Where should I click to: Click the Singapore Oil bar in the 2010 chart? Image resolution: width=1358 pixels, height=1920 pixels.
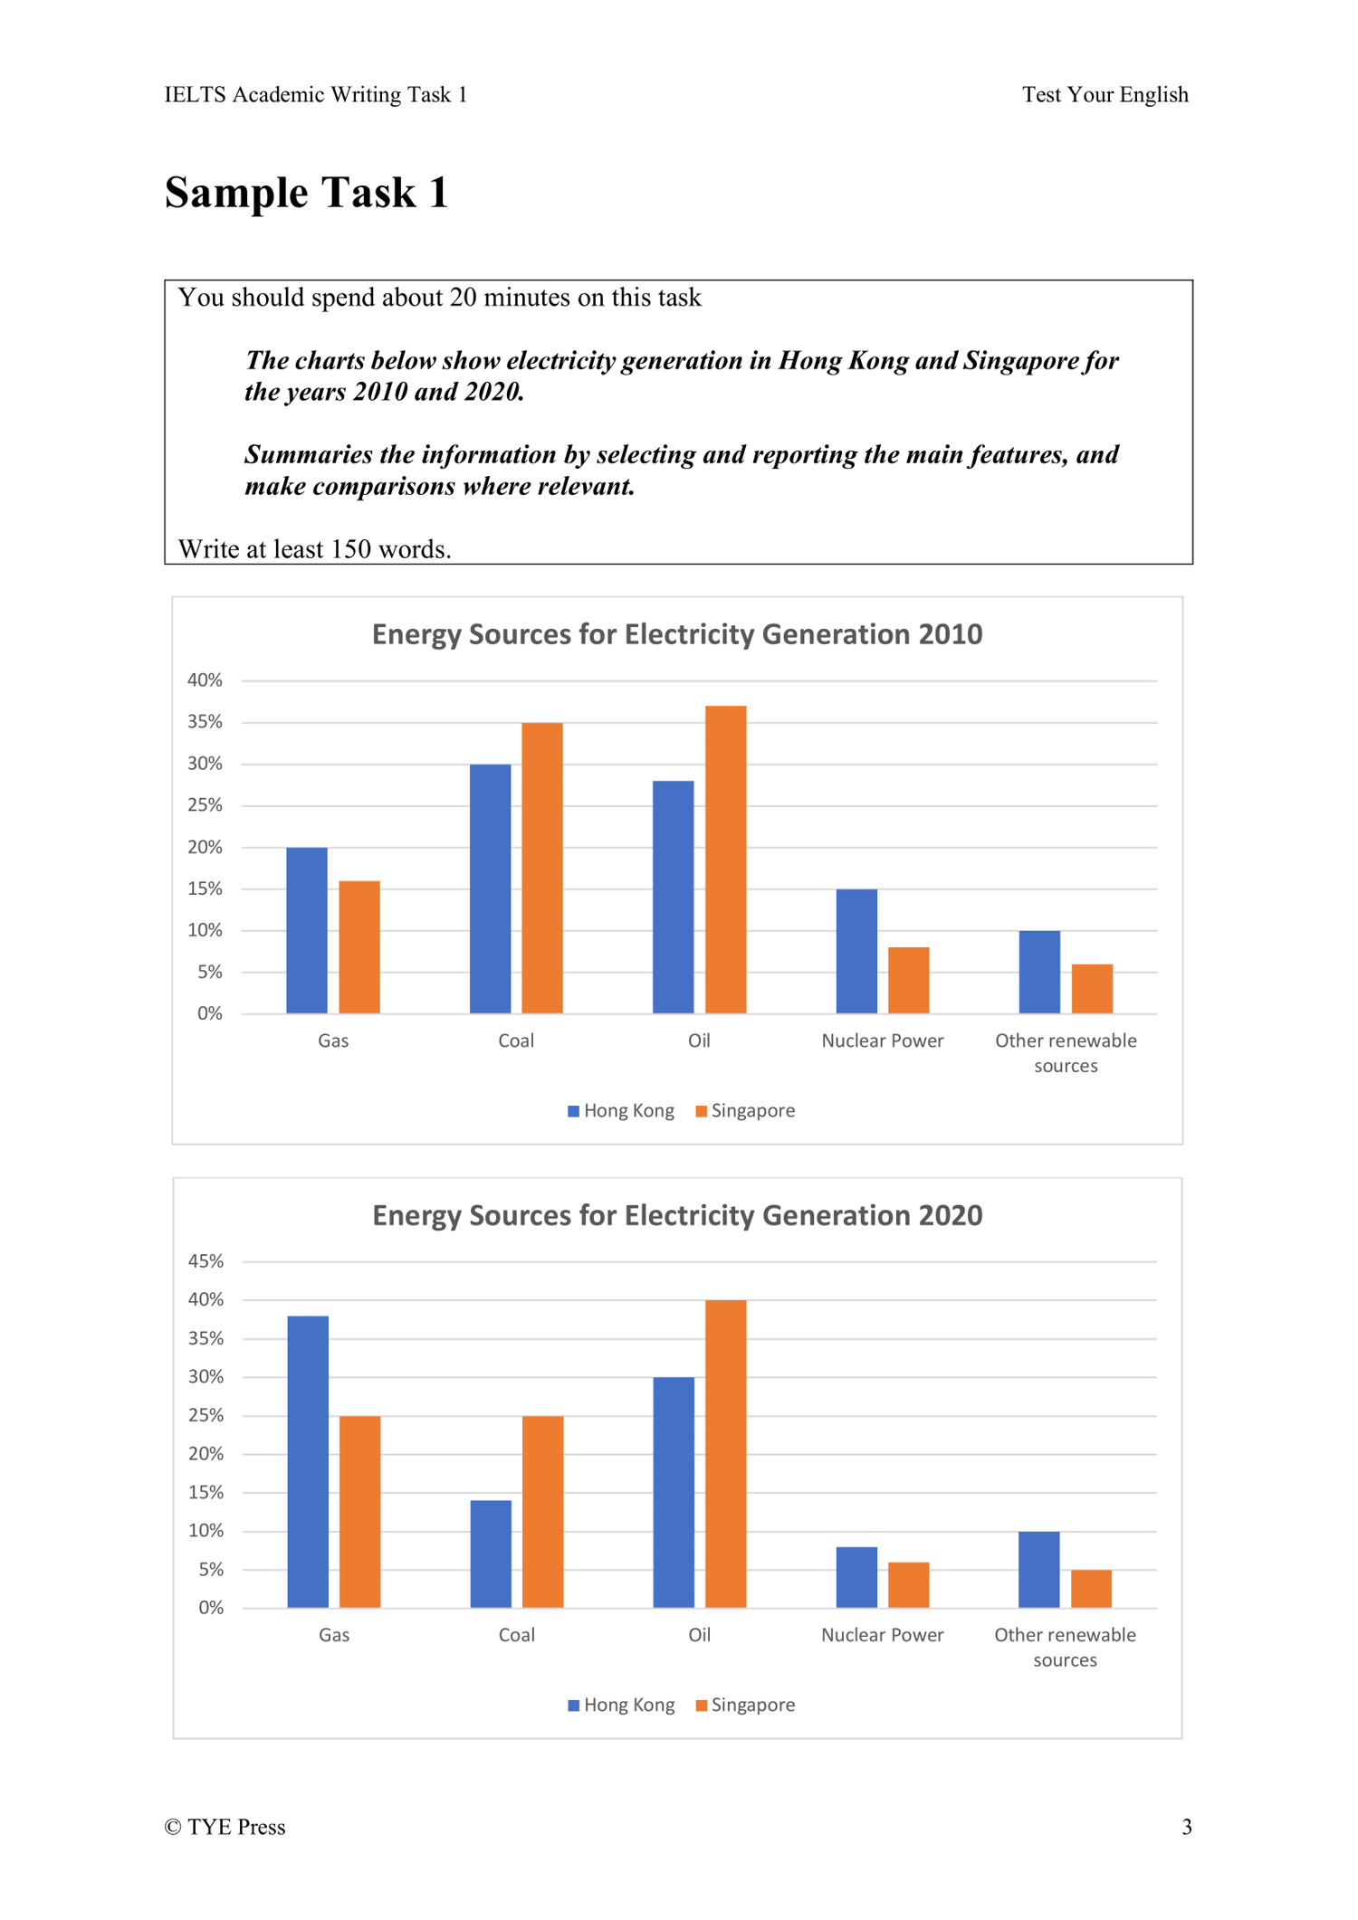(725, 859)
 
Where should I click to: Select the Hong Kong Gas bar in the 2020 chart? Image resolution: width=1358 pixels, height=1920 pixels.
(308, 1461)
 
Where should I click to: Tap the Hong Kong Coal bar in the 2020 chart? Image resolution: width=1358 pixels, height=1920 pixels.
(491, 1554)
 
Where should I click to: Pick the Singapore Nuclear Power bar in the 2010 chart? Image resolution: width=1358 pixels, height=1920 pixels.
(908, 980)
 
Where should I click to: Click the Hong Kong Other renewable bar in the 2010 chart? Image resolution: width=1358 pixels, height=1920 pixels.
(1039, 972)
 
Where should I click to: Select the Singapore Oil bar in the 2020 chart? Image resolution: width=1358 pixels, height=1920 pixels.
(725, 1453)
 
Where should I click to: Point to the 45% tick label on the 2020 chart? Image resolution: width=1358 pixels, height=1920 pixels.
(206, 1261)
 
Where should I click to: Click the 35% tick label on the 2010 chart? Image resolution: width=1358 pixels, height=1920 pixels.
(205, 722)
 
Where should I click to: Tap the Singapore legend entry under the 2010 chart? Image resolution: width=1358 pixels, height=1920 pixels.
(745, 1111)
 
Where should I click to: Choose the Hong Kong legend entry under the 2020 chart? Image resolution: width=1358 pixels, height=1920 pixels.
(621, 1706)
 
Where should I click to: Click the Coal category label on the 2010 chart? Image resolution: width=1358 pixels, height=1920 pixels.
(516, 1041)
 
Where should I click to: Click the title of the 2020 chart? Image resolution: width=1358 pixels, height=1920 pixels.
(677, 1215)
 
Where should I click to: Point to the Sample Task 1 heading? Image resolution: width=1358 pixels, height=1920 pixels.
(307, 193)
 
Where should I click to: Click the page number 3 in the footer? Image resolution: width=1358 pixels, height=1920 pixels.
(1186, 1828)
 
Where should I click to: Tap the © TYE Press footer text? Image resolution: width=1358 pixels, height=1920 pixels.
(225, 1828)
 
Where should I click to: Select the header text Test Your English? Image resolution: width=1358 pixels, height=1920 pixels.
(1105, 95)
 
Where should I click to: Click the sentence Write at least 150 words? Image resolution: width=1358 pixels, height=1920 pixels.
(314, 549)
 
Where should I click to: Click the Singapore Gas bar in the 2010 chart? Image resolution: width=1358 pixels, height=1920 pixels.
(359, 946)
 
